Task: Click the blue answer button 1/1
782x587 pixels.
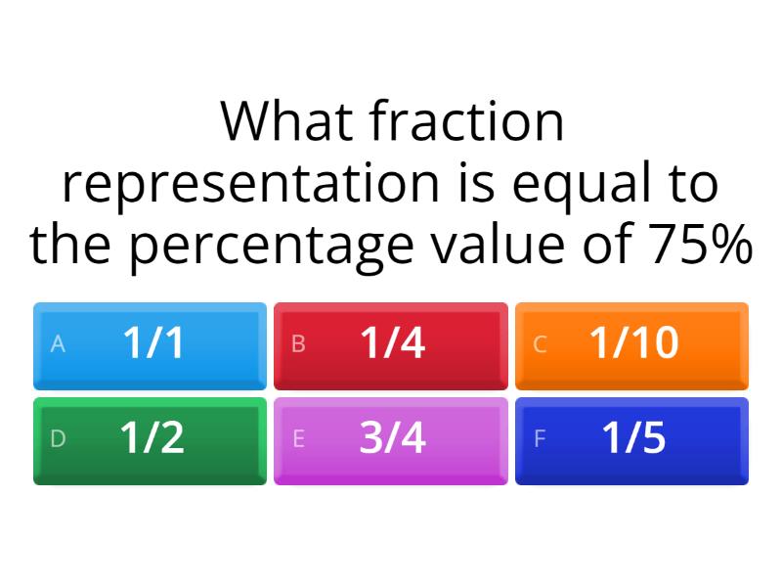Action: pyautogui.click(x=150, y=345)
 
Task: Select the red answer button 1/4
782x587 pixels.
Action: pyautogui.click(x=391, y=345)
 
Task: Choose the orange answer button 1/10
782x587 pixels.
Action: pyautogui.click(x=631, y=345)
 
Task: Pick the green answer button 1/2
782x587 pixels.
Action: pyautogui.click(x=150, y=440)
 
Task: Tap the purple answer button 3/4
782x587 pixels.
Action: pyautogui.click(x=391, y=440)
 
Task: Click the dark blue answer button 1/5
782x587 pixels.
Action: pyautogui.click(x=631, y=440)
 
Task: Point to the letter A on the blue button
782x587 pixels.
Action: pyautogui.click(x=58, y=344)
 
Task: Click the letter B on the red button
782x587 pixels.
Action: pyautogui.click(x=299, y=344)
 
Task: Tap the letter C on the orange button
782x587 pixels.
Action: pyautogui.click(x=540, y=344)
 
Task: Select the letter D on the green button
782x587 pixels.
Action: pyautogui.click(x=58, y=439)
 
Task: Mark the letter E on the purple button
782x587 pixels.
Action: pyautogui.click(x=299, y=439)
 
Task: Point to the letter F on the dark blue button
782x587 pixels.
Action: pyautogui.click(x=540, y=439)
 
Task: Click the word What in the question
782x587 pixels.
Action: pyautogui.click(x=287, y=122)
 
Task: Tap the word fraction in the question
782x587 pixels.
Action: pyautogui.click(x=467, y=122)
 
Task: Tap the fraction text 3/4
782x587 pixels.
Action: pyautogui.click(x=393, y=439)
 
